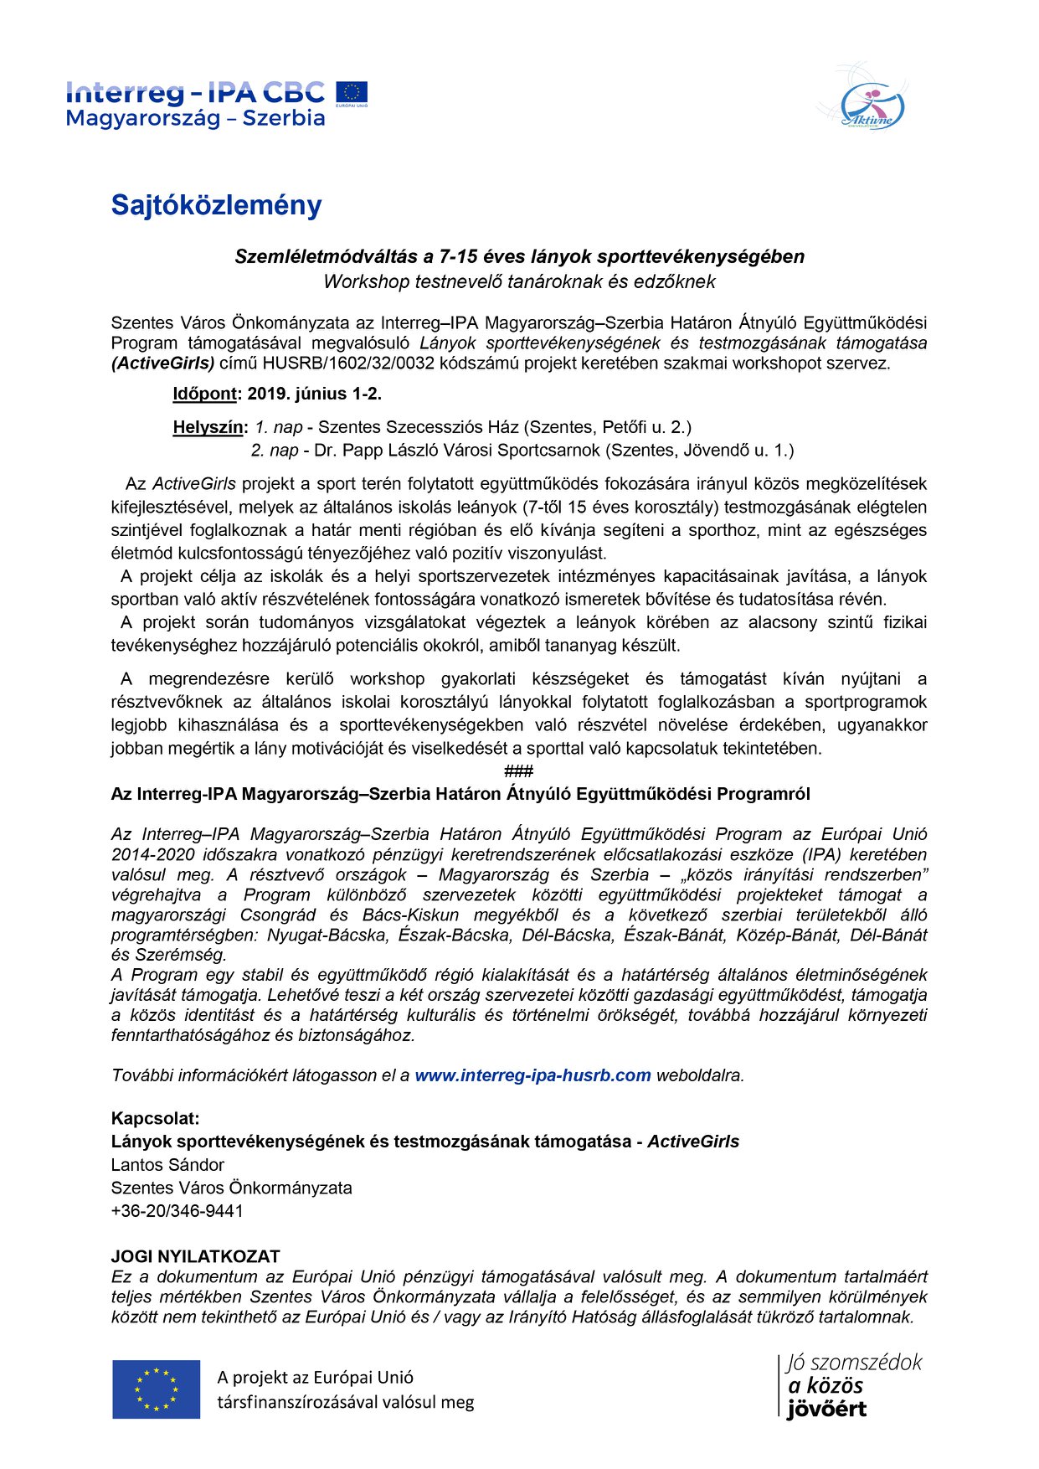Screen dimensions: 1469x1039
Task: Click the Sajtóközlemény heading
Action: coord(216,205)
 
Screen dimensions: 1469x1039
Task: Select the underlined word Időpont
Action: coord(205,394)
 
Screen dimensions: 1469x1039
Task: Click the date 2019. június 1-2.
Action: coord(314,394)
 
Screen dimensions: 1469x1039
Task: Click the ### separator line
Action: coord(519,771)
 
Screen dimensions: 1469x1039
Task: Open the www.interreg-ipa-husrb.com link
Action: coord(532,1075)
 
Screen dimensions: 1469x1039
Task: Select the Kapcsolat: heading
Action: coord(156,1118)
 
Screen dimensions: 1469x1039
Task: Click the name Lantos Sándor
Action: coord(167,1164)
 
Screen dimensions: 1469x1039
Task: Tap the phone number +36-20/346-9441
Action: coord(177,1210)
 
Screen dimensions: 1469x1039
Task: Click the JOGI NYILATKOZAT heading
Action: coord(195,1256)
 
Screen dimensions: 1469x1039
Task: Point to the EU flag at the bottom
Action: coord(157,1389)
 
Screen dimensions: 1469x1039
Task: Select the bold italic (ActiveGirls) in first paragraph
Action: coord(163,363)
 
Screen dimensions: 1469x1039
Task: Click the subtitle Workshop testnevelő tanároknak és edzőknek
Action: coord(519,281)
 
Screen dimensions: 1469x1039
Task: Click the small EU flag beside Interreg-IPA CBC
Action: coord(352,92)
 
